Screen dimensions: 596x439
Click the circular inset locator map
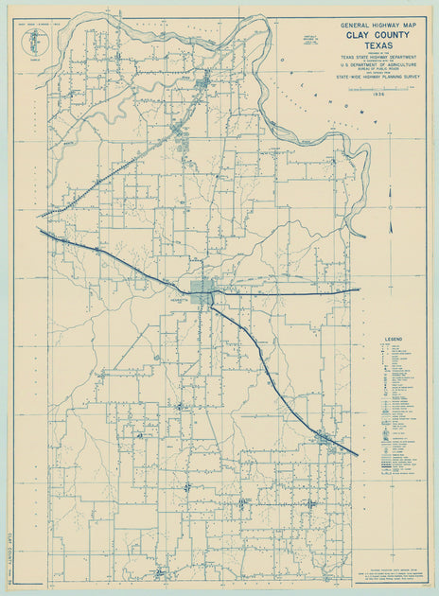coord(36,40)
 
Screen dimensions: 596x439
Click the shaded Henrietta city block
coord(202,291)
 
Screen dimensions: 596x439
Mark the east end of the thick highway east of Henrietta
coord(360,289)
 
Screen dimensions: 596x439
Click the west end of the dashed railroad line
coord(40,216)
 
